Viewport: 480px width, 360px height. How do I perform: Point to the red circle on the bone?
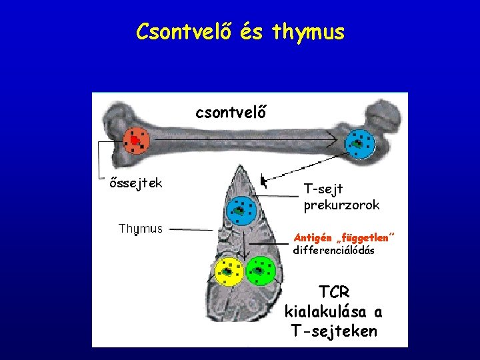137,141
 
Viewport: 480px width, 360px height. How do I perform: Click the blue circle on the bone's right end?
360,144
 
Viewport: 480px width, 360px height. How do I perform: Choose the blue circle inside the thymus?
239,211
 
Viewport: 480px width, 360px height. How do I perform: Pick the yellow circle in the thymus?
229,272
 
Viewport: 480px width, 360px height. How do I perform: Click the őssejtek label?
136,183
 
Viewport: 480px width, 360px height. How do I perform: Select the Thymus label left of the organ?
140,229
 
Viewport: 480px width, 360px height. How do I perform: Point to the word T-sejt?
323,189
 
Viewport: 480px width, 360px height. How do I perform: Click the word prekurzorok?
341,205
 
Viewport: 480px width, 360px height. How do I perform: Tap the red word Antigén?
315,237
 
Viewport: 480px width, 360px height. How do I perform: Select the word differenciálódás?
333,251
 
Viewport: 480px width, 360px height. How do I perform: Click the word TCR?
334,292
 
